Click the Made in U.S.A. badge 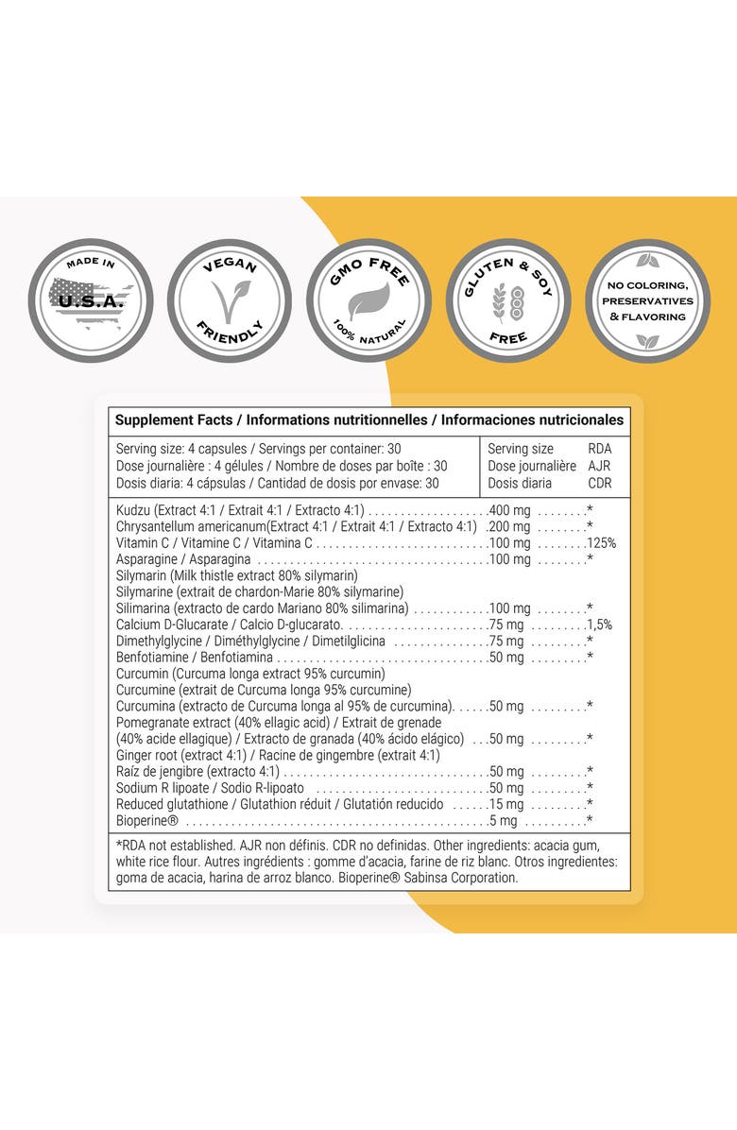pos(91,300)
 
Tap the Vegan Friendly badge pos(230,300)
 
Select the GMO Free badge pos(368,300)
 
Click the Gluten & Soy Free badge pos(508,300)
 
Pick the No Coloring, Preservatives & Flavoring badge pos(647,300)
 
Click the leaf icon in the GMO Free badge pos(368,302)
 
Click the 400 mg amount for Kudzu pos(510,510)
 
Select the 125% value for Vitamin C pos(601,543)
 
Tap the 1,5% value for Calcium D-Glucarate pos(599,625)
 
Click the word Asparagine pos(146,559)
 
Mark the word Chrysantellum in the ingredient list pos(156,526)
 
